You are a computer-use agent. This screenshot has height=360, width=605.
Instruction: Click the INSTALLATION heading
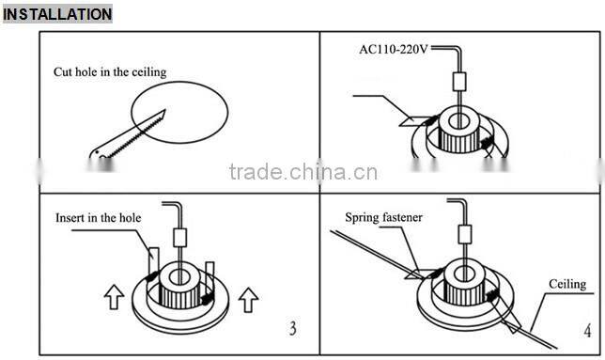[57, 14]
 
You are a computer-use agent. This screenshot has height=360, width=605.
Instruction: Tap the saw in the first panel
[121, 137]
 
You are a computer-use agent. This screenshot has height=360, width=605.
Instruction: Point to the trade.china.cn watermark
[302, 172]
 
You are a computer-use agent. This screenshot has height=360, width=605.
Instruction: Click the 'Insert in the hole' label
[100, 217]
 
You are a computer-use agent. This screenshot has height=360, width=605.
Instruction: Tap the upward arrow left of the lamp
[114, 299]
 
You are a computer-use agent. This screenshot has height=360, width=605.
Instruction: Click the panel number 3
[292, 329]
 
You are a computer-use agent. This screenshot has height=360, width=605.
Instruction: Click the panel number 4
[586, 331]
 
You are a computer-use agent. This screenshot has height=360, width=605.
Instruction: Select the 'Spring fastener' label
[383, 217]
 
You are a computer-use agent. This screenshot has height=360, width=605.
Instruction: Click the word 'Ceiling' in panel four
[567, 284]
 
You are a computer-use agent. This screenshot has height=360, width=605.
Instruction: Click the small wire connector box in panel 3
[180, 237]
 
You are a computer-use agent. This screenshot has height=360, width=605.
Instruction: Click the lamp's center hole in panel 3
[179, 275]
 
